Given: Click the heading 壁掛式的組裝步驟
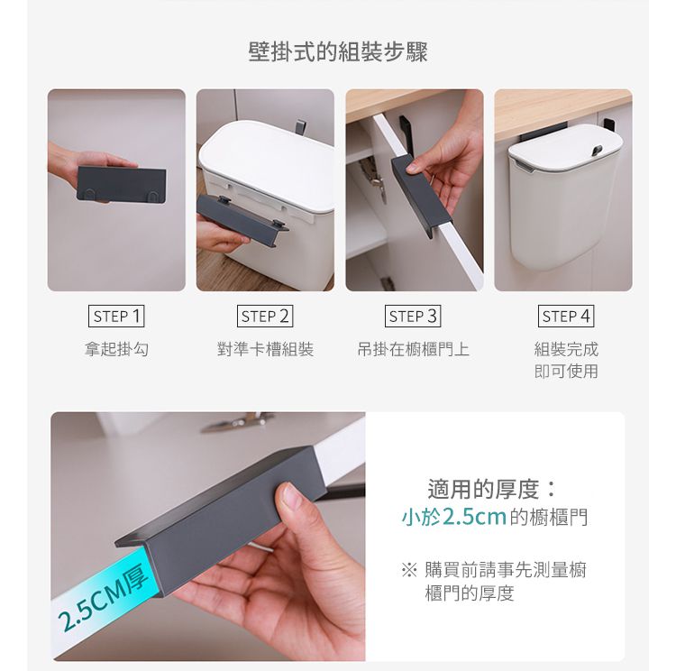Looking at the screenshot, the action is click(x=338, y=52).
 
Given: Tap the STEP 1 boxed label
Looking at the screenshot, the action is click(x=116, y=317).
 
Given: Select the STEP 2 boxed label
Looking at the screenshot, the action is click(x=265, y=317).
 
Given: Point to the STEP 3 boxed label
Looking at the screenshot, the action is click(x=413, y=317).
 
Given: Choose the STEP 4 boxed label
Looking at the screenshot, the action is click(x=566, y=317).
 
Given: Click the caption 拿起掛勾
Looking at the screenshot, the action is click(x=116, y=349).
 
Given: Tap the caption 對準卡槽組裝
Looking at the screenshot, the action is click(x=265, y=349).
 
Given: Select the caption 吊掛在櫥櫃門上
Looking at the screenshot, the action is click(x=413, y=349).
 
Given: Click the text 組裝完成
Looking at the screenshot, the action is click(x=566, y=349).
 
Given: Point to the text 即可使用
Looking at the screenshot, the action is click(x=566, y=371).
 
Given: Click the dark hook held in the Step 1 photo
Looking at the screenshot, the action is click(x=121, y=184).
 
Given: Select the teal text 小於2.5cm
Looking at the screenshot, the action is click(x=454, y=517).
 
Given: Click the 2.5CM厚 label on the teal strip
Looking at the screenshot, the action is click(x=104, y=598).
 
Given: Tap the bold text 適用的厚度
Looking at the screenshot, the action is click(x=483, y=489).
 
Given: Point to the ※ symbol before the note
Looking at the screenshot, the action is click(x=408, y=571).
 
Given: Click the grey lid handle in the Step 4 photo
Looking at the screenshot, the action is click(x=598, y=151).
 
